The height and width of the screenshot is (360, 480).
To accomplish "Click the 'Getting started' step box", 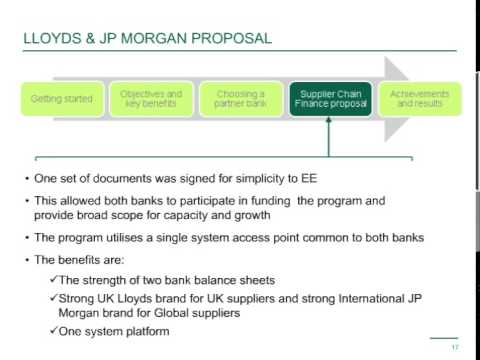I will [62, 99].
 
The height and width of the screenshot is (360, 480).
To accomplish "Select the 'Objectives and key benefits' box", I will [149, 98].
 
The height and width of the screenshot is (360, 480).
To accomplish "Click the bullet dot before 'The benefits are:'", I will [26, 260].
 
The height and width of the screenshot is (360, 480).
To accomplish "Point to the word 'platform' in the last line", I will [145, 331].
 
